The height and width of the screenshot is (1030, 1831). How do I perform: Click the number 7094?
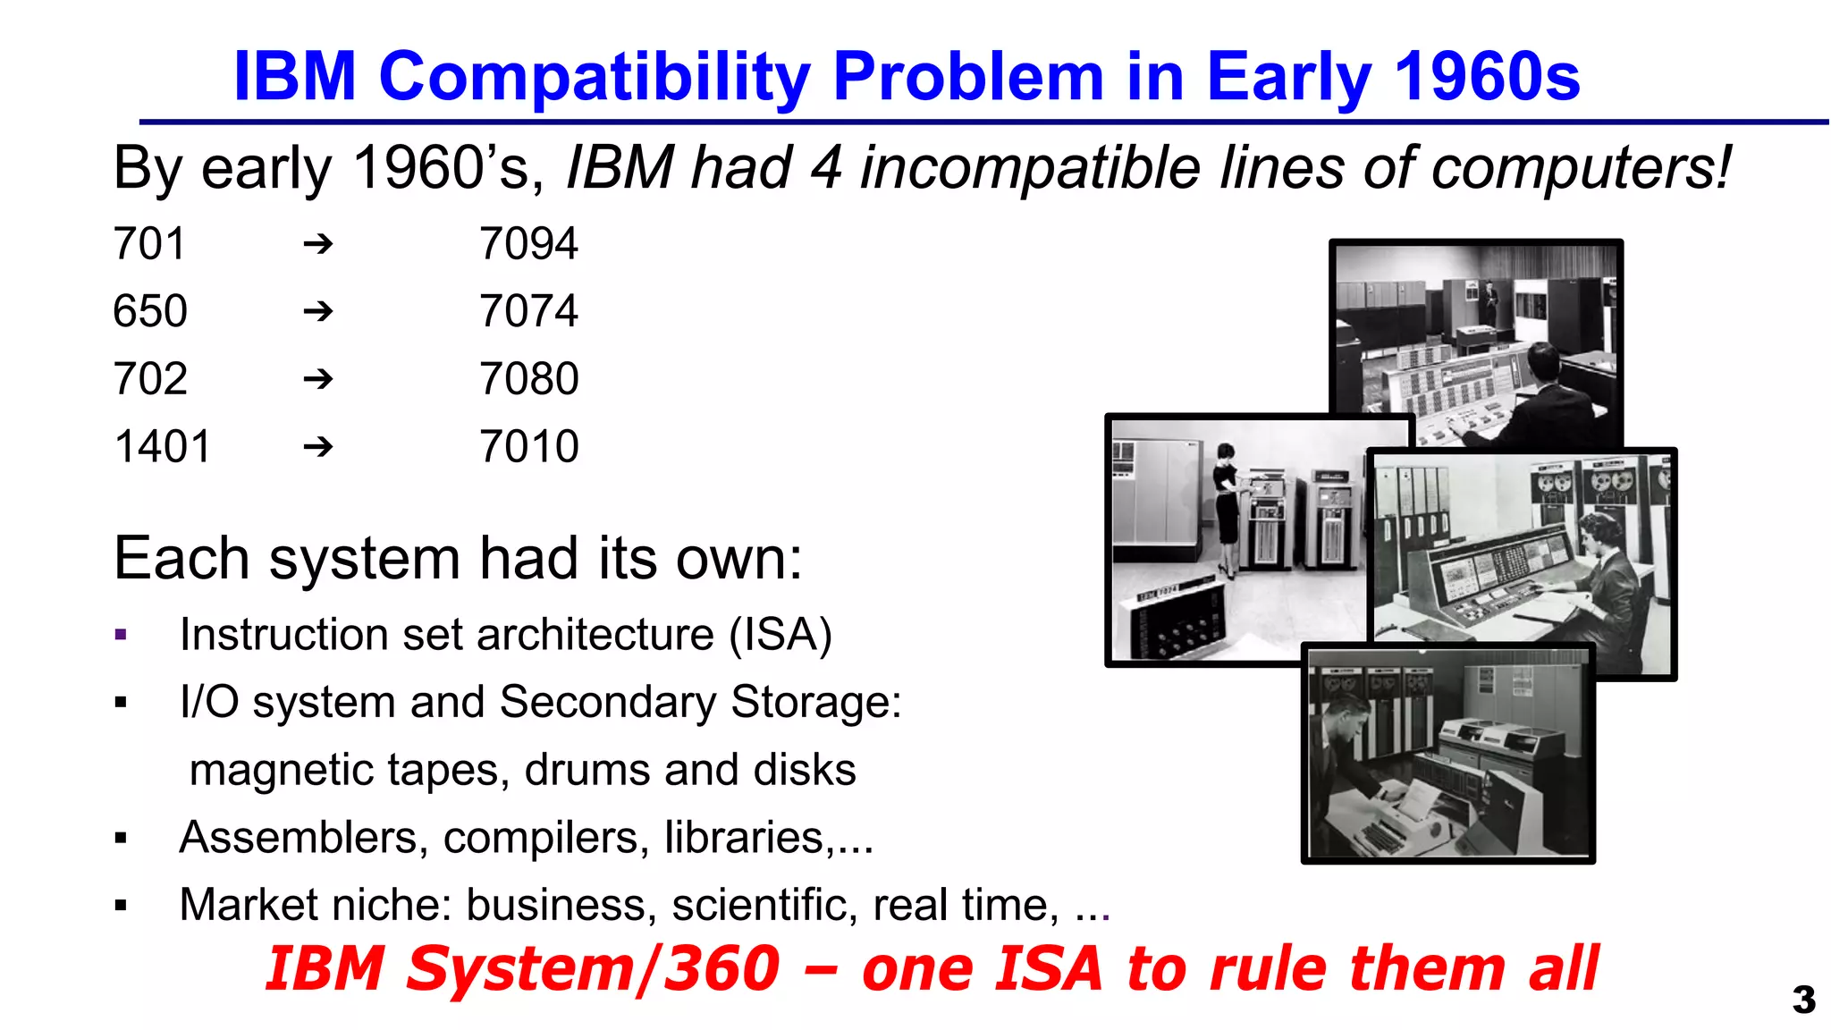point(528,244)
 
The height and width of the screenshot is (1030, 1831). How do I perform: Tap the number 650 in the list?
point(150,312)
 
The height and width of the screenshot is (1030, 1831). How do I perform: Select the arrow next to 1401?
point(318,446)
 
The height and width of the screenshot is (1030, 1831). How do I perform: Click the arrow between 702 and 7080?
point(318,379)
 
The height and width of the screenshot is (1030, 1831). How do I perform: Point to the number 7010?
point(528,446)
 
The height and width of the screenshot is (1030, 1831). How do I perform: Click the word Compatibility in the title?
point(594,77)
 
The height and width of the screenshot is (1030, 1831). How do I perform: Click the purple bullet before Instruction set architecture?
point(122,636)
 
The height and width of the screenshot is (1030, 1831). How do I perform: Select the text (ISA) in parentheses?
point(780,635)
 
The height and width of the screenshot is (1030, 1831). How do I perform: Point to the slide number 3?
point(1803,1000)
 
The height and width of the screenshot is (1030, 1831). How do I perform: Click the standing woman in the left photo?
point(1228,510)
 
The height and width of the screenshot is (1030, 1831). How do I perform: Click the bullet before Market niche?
point(122,907)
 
